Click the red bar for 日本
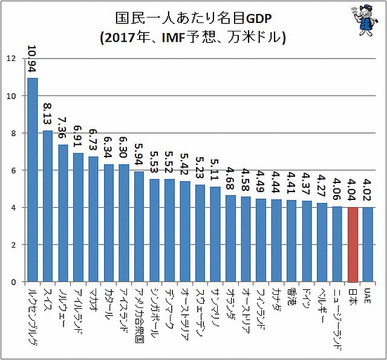point(353,245)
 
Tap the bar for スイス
point(48,206)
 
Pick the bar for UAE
point(368,245)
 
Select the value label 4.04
point(353,189)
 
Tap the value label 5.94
point(139,154)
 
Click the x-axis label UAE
point(368,296)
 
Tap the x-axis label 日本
point(353,295)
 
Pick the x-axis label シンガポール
point(155,310)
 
